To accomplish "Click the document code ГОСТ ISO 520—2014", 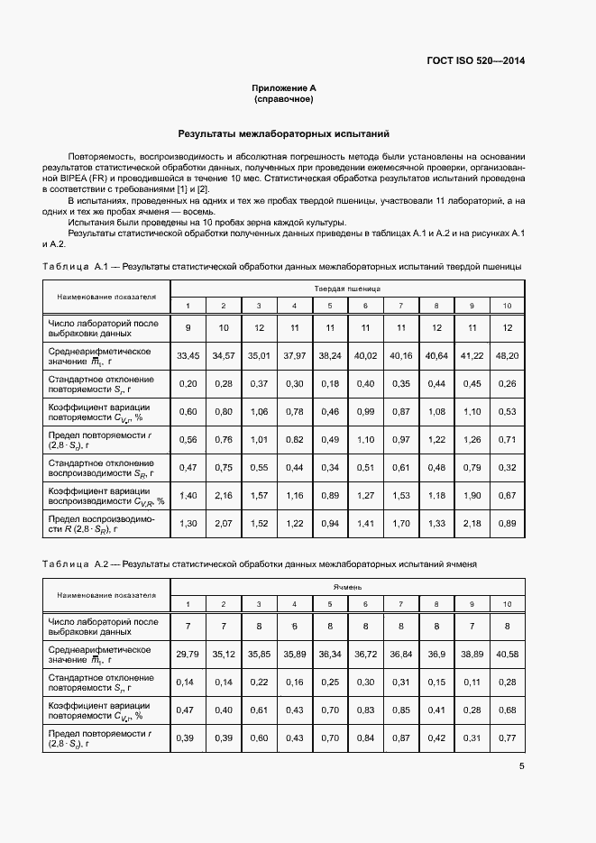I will pos(475,61).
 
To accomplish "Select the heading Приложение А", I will pos(284,87).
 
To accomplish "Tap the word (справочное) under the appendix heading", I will pos(284,98).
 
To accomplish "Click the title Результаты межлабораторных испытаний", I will pos(284,133).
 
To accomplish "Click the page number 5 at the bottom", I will pos(522,766).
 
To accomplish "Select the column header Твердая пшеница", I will pos(347,289).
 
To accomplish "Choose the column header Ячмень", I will pos(347,586).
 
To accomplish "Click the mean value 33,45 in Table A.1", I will pos(188,356).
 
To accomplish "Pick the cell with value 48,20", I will pos(508,356).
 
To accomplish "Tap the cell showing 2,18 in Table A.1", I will pos(472,524).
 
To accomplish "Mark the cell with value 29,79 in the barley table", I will pos(188,654).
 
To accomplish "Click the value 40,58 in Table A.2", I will pos(508,654).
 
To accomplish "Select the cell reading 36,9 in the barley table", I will pos(436,654).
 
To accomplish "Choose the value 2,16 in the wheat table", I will pos(223,496).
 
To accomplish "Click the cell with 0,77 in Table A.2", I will pos(508,738).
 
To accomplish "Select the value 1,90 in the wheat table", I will pos(472,496).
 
